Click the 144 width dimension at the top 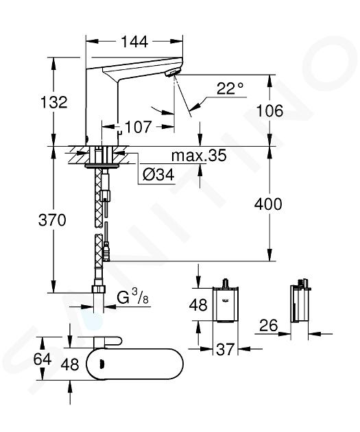[134, 42]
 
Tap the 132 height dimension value [54, 102]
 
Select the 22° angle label [230, 88]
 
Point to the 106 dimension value [269, 111]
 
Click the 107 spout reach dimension [139, 127]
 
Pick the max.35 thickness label [199, 156]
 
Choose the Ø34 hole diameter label [158, 175]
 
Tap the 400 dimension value [268, 204]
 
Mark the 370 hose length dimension [52, 220]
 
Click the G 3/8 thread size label [133, 298]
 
